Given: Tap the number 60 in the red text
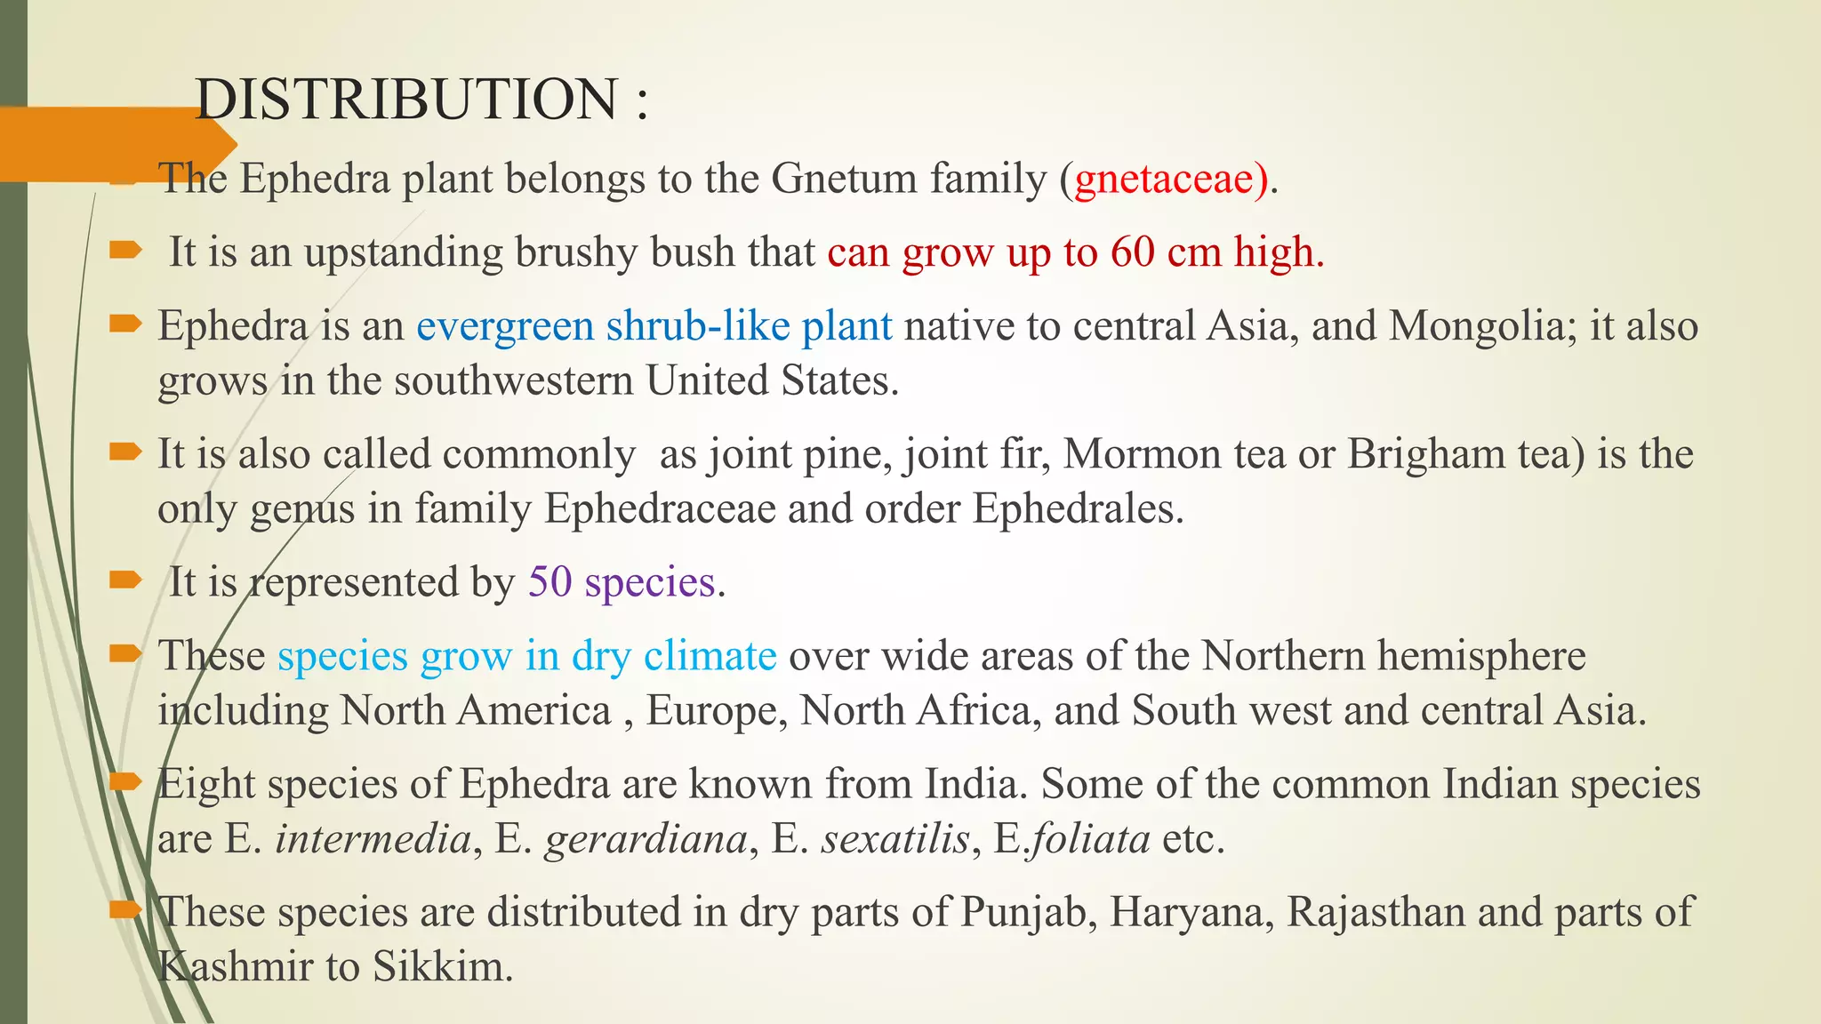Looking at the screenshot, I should (x=1132, y=252).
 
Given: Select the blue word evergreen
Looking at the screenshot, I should (x=504, y=326).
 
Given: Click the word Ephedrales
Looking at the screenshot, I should (x=1077, y=509).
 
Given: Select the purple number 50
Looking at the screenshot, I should (x=550, y=583).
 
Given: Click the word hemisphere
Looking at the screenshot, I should (x=1481, y=656).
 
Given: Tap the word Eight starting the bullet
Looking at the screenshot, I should (x=206, y=785).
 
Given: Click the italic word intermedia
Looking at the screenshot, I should (x=373, y=839).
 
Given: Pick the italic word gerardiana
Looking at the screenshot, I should (x=646, y=839).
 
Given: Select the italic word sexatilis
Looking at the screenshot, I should (x=894, y=839).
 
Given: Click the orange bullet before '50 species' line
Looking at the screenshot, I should (x=125, y=581).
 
